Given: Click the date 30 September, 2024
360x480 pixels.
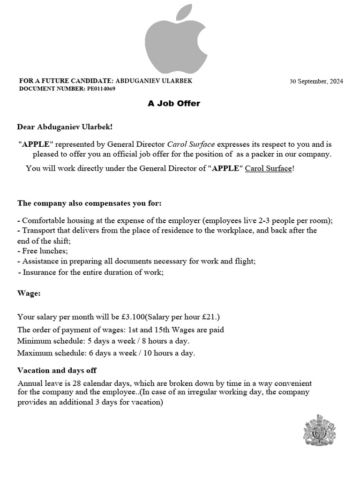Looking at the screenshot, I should [316, 81].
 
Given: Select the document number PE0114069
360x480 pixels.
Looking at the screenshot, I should [101, 88].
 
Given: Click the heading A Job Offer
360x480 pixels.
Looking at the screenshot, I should [174, 103].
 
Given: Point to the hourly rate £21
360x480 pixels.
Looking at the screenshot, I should [211, 317].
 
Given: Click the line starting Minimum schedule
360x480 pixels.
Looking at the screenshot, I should [103, 341].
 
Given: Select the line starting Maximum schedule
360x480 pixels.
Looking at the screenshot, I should [106, 353].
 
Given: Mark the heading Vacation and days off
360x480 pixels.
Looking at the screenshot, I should [57, 370].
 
